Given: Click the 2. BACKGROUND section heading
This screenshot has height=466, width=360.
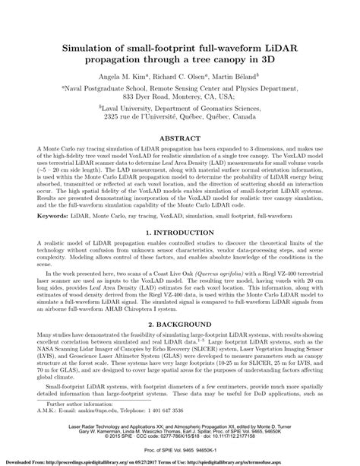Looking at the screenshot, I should pos(180,324).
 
